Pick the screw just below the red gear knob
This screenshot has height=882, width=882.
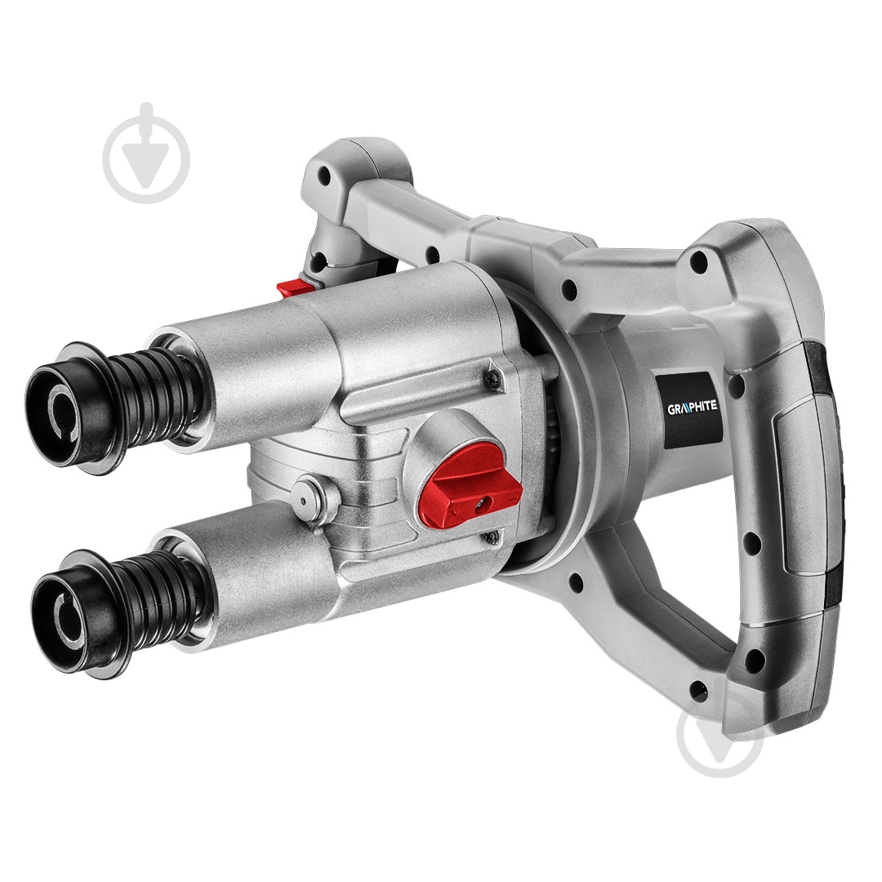(492, 537)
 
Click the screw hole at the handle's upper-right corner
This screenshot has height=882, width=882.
(699, 261)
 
